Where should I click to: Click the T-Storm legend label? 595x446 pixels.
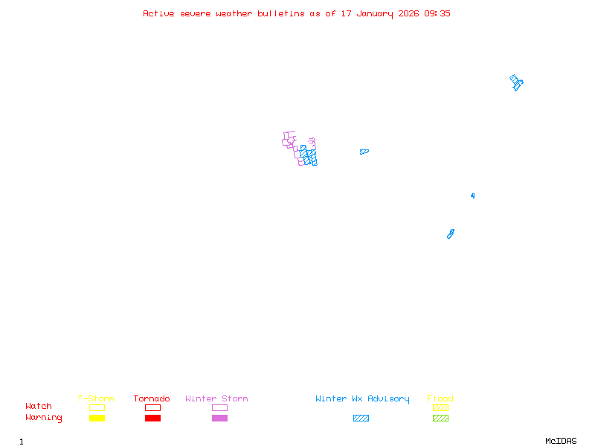pyautogui.click(x=96, y=399)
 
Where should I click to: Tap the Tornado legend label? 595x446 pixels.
pyautogui.click(x=152, y=399)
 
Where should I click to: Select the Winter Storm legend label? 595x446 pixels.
pyautogui.click(x=216, y=399)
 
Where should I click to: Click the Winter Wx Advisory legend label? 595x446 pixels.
pyautogui.click(x=362, y=399)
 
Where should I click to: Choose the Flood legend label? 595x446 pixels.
pyautogui.click(x=440, y=399)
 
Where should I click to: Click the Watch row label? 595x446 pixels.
pyautogui.click(x=39, y=407)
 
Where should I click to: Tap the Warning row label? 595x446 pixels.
pyautogui.click(x=44, y=418)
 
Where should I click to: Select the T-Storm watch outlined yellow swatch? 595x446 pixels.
pyautogui.click(x=97, y=407)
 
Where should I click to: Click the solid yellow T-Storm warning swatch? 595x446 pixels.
pyautogui.click(x=97, y=418)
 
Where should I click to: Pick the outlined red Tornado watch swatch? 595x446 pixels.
pyautogui.click(x=152, y=407)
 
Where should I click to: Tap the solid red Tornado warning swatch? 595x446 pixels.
pyautogui.click(x=152, y=418)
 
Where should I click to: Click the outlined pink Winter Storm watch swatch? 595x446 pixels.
pyautogui.click(x=219, y=407)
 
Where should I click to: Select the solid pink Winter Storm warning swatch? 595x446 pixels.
pyautogui.click(x=219, y=418)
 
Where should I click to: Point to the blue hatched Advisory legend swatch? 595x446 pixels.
pyautogui.click(x=361, y=418)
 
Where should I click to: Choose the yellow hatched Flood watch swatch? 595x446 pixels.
pyautogui.click(x=440, y=407)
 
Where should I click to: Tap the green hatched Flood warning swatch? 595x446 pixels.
pyautogui.click(x=440, y=418)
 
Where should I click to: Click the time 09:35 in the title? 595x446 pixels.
pyautogui.click(x=437, y=13)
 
